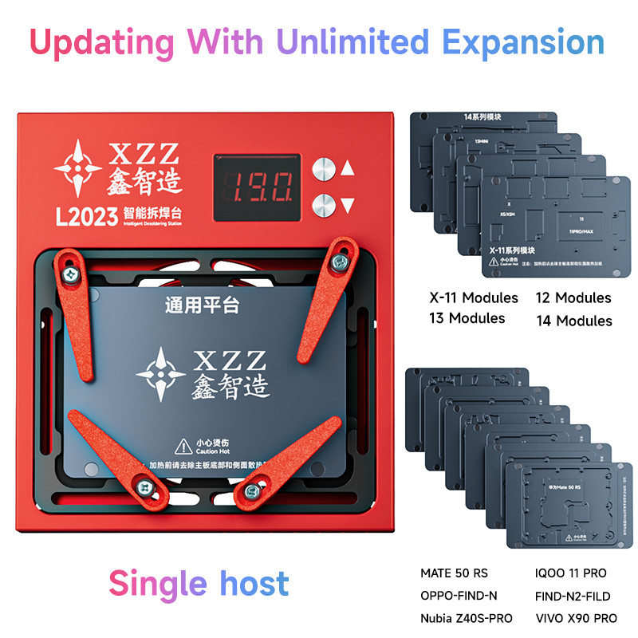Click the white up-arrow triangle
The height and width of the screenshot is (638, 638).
[348, 168]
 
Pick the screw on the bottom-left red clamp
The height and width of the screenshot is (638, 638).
[146, 485]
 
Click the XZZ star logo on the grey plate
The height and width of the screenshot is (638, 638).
[161, 372]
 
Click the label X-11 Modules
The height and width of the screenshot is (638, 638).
[474, 298]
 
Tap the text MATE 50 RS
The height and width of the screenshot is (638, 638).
[454, 573]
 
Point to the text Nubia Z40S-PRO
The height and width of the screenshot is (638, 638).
[467, 618]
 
